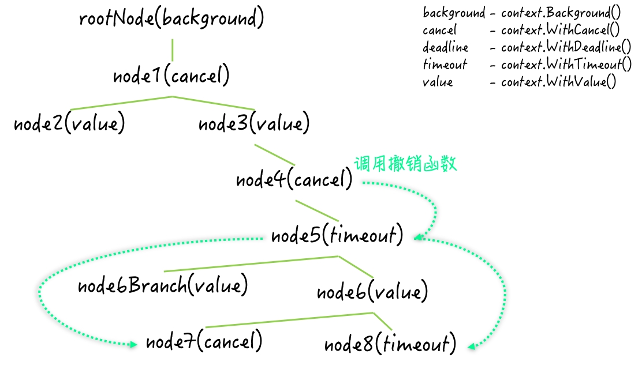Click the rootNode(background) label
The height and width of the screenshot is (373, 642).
click(171, 19)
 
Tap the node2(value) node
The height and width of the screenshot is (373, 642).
click(69, 124)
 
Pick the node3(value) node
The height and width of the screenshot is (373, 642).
click(254, 124)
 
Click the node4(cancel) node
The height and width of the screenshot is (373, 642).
click(294, 180)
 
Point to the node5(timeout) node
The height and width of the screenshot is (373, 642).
click(337, 236)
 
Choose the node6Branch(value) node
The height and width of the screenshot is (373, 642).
click(163, 285)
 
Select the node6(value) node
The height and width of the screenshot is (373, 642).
click(372, 292)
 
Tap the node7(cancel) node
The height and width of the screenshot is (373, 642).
click(204, 342)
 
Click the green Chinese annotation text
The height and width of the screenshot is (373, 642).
click(405, 164)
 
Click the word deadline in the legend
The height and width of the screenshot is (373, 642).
click(445, 47)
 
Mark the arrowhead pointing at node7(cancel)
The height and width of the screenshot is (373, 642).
click(133, 344)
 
